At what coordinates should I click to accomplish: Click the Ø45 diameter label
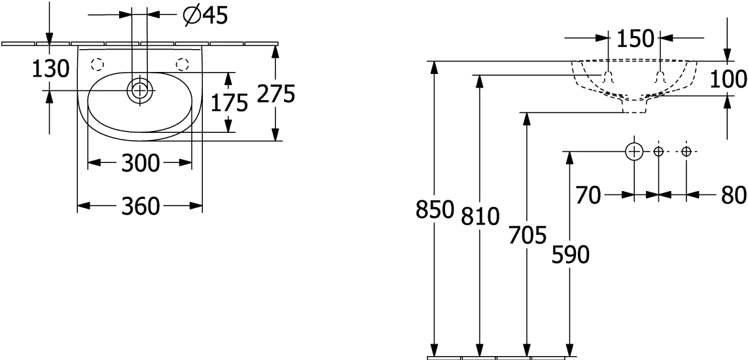[x=205, y=16]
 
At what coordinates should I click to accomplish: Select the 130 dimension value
[x=50, y=69]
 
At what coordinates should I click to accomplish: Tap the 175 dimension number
[x=230, y=103]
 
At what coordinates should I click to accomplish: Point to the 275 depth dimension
[x=276, y=94]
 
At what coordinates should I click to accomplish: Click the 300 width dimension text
[x=140, y=164]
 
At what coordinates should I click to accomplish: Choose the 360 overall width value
[x=140, y=206]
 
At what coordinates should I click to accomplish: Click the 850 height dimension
[x=434, y=210]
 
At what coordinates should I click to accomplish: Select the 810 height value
[x=480, y=217]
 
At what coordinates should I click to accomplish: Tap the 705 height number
[x=527, y=236]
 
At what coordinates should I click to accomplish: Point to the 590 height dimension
[x=571, y=255]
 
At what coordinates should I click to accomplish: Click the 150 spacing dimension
[x=634, y=39]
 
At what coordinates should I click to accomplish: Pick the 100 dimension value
[x=728, y=79]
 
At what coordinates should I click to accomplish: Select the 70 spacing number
[x=588, y=196]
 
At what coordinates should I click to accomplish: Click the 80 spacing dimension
[x=734, y=196]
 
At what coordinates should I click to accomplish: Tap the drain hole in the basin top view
[x=139, y=90]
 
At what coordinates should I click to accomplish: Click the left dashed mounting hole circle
[x=97, y=63]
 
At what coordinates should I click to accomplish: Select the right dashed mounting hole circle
[x=182, y=63]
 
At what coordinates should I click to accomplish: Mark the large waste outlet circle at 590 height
[x=634, y=152]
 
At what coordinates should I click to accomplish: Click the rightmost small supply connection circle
[x=686, y=152]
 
